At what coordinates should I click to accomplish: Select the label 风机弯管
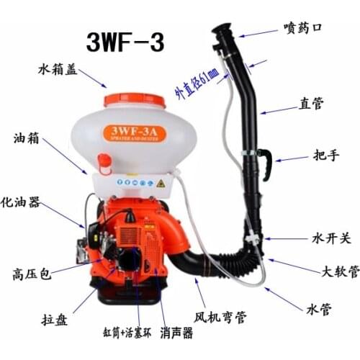(219, 315)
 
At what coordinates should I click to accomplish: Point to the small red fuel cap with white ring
(105, 168)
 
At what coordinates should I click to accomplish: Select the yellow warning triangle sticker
(161, 183)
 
